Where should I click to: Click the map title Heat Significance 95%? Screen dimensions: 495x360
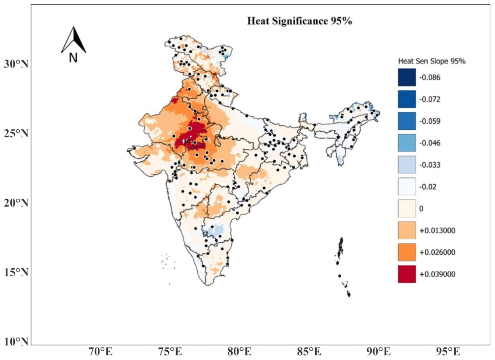299,21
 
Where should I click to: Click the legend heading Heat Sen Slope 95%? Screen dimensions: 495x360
432,61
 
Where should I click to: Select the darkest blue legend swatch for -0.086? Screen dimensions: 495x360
407,77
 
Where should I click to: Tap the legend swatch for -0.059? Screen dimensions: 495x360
407,121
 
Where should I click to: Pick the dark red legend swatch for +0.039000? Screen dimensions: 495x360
407,274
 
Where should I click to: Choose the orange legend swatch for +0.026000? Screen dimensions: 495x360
407,252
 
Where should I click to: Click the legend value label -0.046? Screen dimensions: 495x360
430,143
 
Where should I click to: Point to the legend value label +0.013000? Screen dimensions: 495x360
437,230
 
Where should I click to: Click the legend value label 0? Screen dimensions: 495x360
421,208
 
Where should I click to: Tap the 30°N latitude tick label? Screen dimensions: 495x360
16,64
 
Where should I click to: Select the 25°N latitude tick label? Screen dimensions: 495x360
16,134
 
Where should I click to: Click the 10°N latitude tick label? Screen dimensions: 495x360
16,342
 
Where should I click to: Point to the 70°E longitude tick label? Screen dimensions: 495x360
101,352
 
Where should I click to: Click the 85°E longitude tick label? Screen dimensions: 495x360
309,352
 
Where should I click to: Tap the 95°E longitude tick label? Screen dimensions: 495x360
448,352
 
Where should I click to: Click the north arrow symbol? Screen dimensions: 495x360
74,40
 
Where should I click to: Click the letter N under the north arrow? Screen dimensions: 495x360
73,58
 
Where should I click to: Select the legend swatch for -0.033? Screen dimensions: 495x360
407,165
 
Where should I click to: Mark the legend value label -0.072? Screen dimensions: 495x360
430,99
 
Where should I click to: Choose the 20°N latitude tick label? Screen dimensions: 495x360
16,203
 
